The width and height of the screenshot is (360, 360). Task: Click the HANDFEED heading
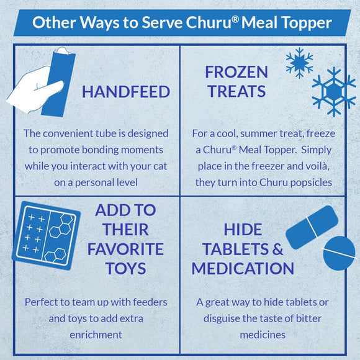point(126,92)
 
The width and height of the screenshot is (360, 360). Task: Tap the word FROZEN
point(236,72)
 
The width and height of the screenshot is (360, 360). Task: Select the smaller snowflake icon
point(299,63)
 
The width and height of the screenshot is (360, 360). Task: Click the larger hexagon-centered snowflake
point(334,92)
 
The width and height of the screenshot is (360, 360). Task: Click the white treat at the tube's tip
point(63,50)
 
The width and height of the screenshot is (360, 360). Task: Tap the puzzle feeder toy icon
point(47,235)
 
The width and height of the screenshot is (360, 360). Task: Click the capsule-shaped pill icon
point(312,227)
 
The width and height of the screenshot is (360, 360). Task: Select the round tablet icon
point(339,253)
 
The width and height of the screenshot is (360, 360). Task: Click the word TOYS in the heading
point(126,268)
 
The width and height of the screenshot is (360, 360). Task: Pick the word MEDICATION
point(243,268)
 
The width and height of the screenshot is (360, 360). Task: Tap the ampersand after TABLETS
point(278,249)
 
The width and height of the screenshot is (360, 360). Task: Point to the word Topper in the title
point(307,24)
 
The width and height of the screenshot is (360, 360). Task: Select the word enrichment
point(96,335)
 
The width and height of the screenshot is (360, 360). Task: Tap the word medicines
point(263,335)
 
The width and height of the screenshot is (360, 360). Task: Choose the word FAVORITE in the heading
point(125,249)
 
